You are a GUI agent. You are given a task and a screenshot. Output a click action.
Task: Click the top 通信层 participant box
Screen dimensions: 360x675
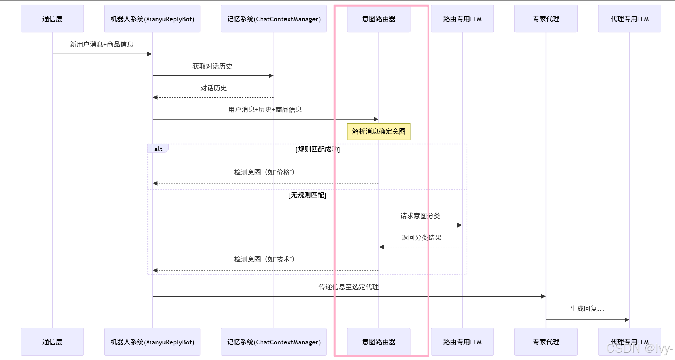(x=52, y=19)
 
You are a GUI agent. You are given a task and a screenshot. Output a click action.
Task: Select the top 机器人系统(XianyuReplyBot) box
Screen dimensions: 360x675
(x=152, y=19)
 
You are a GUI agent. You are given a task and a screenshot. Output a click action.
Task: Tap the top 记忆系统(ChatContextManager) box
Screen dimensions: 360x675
(x=274, y=19)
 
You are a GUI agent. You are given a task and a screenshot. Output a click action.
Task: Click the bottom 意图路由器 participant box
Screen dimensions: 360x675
(x=379, y=342)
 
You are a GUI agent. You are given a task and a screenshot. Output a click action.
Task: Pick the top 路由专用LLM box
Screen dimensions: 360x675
(x=462, y=19)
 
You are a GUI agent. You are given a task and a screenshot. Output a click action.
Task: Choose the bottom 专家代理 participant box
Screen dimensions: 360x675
(x=546, y=342)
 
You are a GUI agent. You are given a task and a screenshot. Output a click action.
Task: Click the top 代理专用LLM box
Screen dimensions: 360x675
(x=629, y=19)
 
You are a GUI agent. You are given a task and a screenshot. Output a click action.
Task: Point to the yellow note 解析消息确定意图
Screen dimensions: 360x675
(x=379, y=131)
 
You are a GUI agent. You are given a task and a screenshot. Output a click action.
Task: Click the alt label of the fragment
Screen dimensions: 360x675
(x=158, y=149)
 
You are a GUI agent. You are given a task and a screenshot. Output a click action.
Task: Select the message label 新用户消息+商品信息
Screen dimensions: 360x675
(x=101, y=44)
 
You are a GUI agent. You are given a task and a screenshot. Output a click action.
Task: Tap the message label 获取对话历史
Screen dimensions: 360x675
(x=212, y=66)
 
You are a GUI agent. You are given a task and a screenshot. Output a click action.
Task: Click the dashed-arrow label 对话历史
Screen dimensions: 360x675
(x=213, y=88)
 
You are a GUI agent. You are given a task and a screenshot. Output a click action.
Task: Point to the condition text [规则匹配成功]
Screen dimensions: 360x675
(x=317, y=149)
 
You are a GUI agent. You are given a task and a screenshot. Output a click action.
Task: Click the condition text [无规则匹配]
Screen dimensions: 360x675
(x=307, y=195)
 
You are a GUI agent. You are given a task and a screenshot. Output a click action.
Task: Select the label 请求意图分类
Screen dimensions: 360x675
(x=420, y=216)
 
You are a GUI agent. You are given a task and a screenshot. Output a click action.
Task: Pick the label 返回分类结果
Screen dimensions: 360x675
(x=421, y=237)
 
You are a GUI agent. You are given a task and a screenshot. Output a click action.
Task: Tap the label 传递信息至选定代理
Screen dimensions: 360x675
(x=349, y=287)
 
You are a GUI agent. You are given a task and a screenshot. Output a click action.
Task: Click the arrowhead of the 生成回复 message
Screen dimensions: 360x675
(x=627, y=320)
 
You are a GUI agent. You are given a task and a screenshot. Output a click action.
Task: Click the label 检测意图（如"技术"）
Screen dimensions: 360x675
(x=264, y=259)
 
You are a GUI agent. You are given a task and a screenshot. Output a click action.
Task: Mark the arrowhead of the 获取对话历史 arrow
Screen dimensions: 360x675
(x=271, y=76)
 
